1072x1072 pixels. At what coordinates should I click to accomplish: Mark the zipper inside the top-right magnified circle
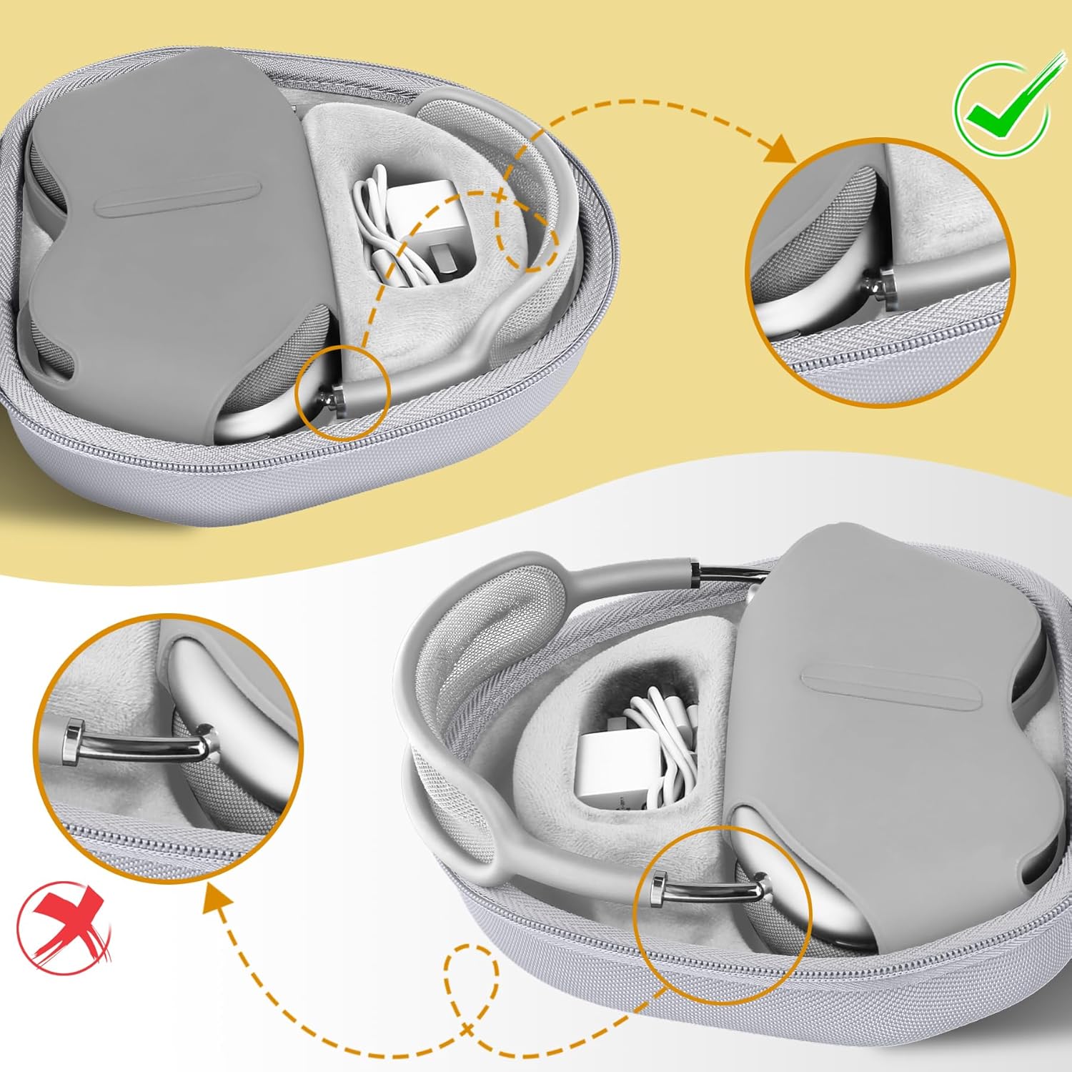click(879, 364)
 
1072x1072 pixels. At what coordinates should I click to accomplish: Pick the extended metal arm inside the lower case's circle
click(715, 890)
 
